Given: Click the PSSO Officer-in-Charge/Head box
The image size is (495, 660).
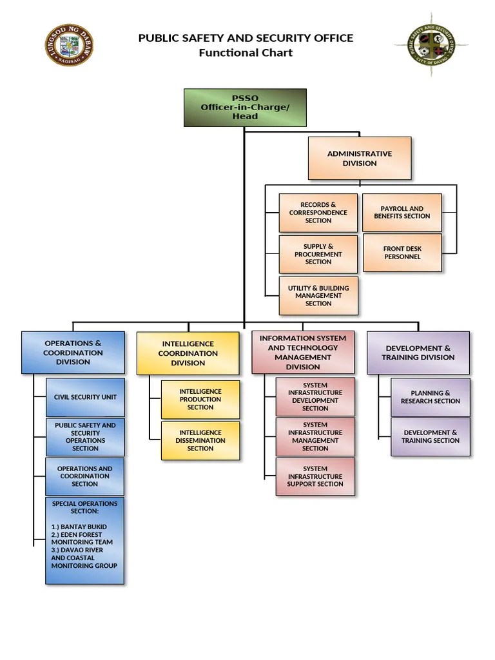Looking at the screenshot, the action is (245, 108).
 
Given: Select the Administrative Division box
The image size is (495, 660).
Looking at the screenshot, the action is (360, 159).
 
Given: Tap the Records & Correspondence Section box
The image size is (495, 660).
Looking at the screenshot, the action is (318, 213).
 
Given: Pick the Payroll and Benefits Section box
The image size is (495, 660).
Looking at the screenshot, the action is (402, 212).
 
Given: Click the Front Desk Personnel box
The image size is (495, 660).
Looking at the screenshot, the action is (402, 253).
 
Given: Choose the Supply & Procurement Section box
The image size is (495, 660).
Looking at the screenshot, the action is (318, 254).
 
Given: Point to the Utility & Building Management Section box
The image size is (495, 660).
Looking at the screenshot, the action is (318, 295).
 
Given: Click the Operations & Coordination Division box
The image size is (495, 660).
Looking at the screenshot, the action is (73, 353).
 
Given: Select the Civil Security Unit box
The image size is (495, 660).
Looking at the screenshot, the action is (85, 397).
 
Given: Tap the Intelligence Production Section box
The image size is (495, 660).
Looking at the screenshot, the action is (200, 400).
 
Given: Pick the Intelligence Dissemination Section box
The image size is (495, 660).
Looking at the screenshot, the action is (200, 440).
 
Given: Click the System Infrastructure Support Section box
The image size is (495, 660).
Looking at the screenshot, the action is (315, 476).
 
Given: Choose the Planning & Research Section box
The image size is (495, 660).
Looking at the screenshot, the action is (430, 397).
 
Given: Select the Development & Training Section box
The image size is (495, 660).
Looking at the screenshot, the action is (430, 436).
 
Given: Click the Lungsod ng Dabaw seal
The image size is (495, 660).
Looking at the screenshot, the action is (70, 44).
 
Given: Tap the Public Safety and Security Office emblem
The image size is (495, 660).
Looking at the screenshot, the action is (431, 44).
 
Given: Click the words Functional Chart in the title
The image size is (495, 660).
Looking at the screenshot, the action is (246, 53).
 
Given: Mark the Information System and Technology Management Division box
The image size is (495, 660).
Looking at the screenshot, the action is (303, 353).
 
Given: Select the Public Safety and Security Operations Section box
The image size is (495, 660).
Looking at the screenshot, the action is (85, 437).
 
